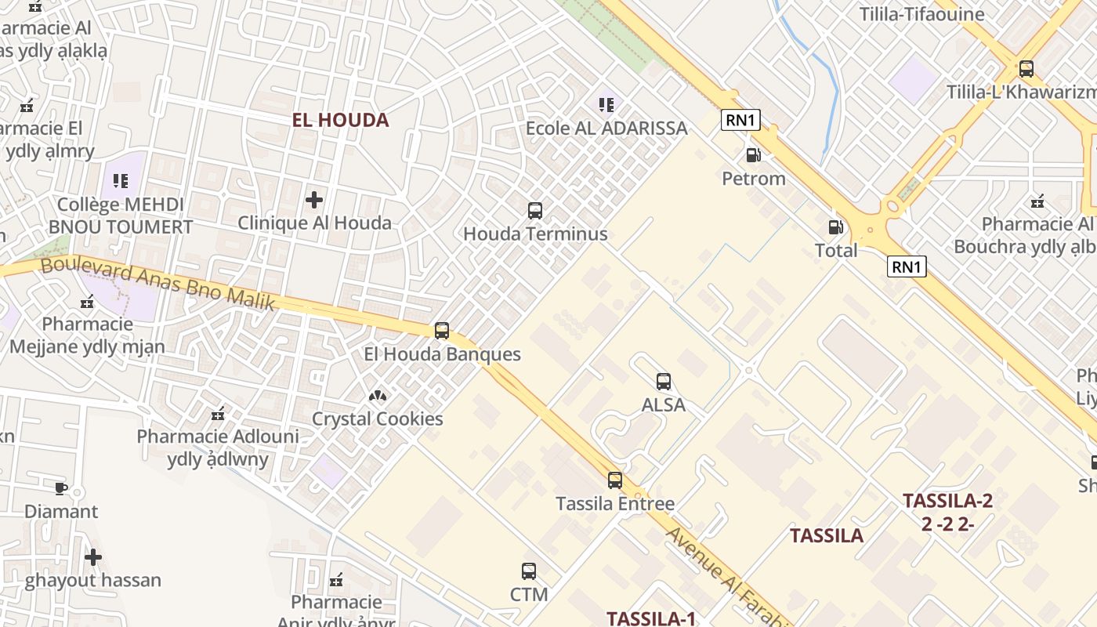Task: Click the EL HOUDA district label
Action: tap(340, 120)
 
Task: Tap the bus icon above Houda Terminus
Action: tap(535, 210)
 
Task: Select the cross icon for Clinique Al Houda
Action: tap(314, 200)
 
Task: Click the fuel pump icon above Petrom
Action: tap(753, 155)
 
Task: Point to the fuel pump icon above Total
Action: tap(836, 227)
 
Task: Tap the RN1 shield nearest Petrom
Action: tap(740, 120)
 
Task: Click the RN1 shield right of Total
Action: tap(907, 266)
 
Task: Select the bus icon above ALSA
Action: tap(664, 382)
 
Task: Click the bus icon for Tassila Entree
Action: tap(615, 480)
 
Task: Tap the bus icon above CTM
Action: tap(529, 571)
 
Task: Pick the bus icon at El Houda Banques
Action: tap(442, 331)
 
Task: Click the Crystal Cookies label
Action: tap(378, 419)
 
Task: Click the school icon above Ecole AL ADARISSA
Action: tap(606, 104)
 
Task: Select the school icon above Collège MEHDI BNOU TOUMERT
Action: tap(120, 182)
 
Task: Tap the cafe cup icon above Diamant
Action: tap(61, 488)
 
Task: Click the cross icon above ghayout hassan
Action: tap(93, 557)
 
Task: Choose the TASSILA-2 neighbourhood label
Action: tap(947, 501)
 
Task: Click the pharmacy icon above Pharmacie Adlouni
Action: tap(218, 413)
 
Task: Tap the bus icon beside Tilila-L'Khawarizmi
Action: tap(1026, 69)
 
